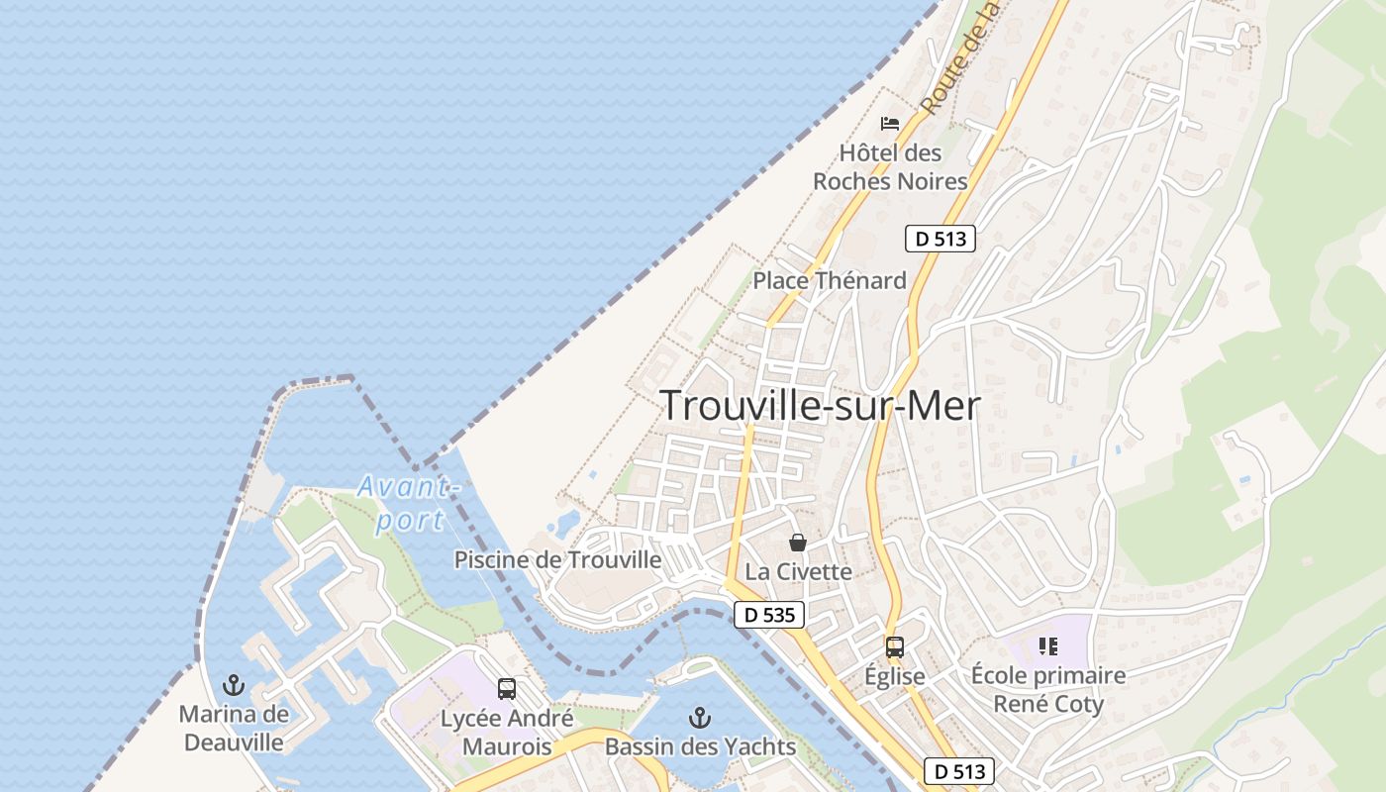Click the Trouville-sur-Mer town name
[x=820, y=406]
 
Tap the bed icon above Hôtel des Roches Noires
[x=890, y=124]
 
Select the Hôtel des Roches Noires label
[x=890, y=167]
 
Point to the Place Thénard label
[x=830, y=280]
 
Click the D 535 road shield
[x=769, y=615]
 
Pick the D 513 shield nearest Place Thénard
[x=940, y=238]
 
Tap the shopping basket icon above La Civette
[x=798, y=543]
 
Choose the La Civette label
[x=798, y=571]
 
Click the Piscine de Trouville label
[x=557, y=559]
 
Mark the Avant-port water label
[x=408, y=503]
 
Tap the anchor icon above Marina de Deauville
[x=234, y=684]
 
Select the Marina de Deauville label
[x=234, y=728]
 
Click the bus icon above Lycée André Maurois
[x=507, y=688]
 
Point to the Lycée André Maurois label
[x=507, y=732]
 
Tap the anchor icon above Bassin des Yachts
[x=700, y=717]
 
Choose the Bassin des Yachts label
[x=700, y=746]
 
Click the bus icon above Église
[x=895, y=647]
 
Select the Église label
[x=895, y=676]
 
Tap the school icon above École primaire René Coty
[x=1048, y=647]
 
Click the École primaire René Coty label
[x=1048, y=690]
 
